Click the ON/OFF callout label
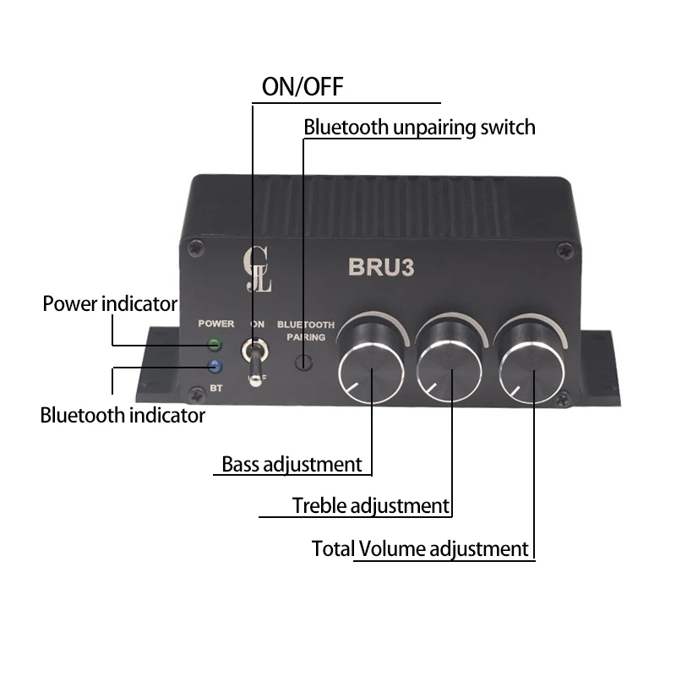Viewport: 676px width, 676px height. tap(303, 87)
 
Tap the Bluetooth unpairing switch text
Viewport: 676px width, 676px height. tap(419, 128)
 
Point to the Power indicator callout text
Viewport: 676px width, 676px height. tap(110, 303)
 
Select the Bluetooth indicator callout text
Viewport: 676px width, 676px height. tap(123, 416)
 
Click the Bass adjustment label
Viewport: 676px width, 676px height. tap(292, 464)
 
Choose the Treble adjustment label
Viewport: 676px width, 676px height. tap(370, 506)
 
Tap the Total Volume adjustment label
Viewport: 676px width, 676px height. tap(420, 548)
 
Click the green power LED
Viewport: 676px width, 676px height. tap(214, 345)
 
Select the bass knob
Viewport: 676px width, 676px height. tap(372, 369)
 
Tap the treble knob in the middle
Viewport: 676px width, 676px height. tap(451, 369)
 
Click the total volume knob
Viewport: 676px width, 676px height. tap(532, 369)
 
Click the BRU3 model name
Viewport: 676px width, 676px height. tap(380, 267)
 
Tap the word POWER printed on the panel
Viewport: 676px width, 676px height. tap(216, 324)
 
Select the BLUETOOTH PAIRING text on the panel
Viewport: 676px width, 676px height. tap(306, 330)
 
